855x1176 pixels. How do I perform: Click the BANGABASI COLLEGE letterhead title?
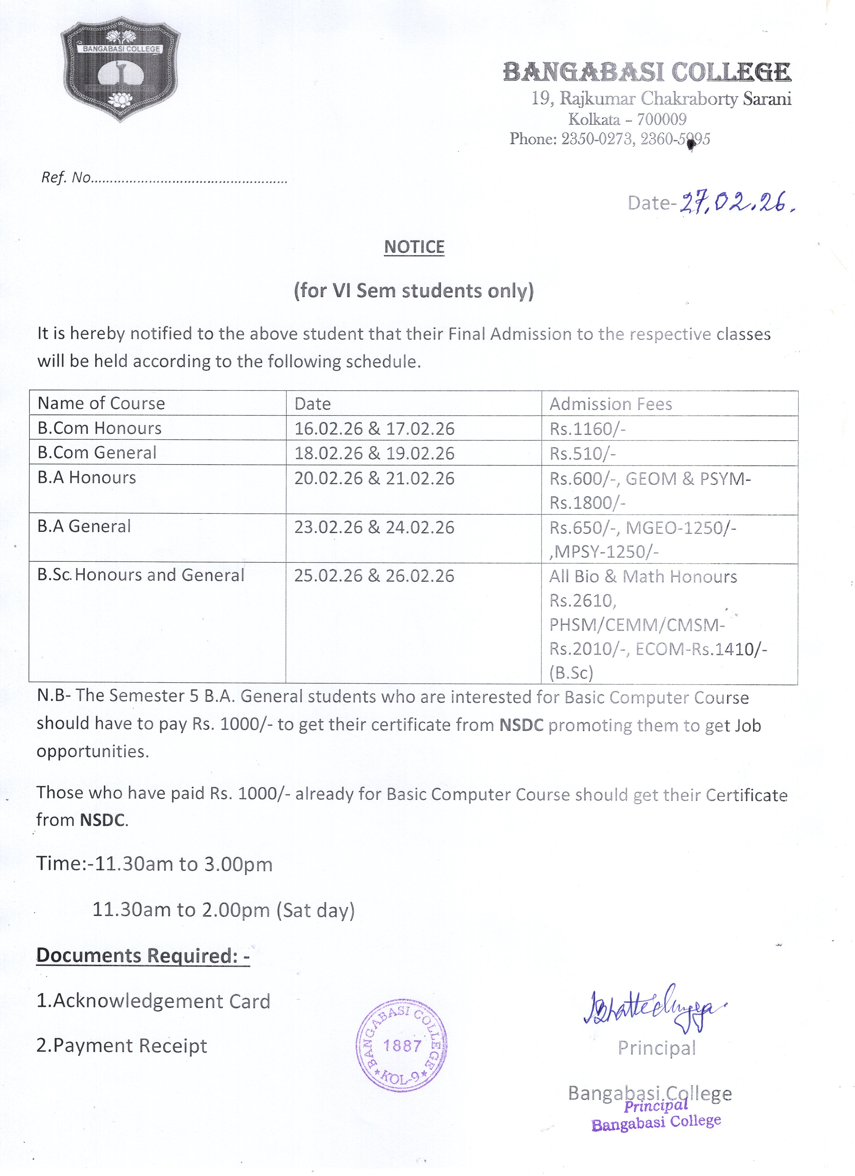tap(647, 72)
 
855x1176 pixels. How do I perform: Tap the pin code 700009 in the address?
tap(662, 119)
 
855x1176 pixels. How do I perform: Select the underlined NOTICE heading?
tap(414, 247)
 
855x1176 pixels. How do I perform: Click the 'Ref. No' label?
tap(66, 178)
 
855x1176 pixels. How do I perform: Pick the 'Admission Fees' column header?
tap(611, 404)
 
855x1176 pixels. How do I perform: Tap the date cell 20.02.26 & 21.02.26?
tap(374, 478)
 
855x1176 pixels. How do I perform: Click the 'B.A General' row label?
tap(84, 526)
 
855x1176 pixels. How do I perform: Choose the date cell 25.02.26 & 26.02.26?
tap(374, 575)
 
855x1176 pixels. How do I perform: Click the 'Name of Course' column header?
tap(101, 404)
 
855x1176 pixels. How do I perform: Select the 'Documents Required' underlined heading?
tap(143, 955)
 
